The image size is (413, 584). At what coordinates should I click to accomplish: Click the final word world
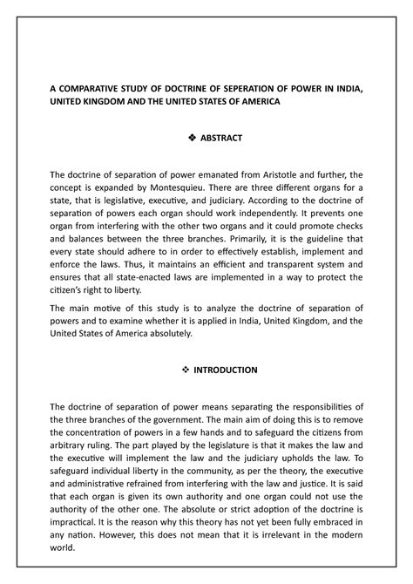64,550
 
